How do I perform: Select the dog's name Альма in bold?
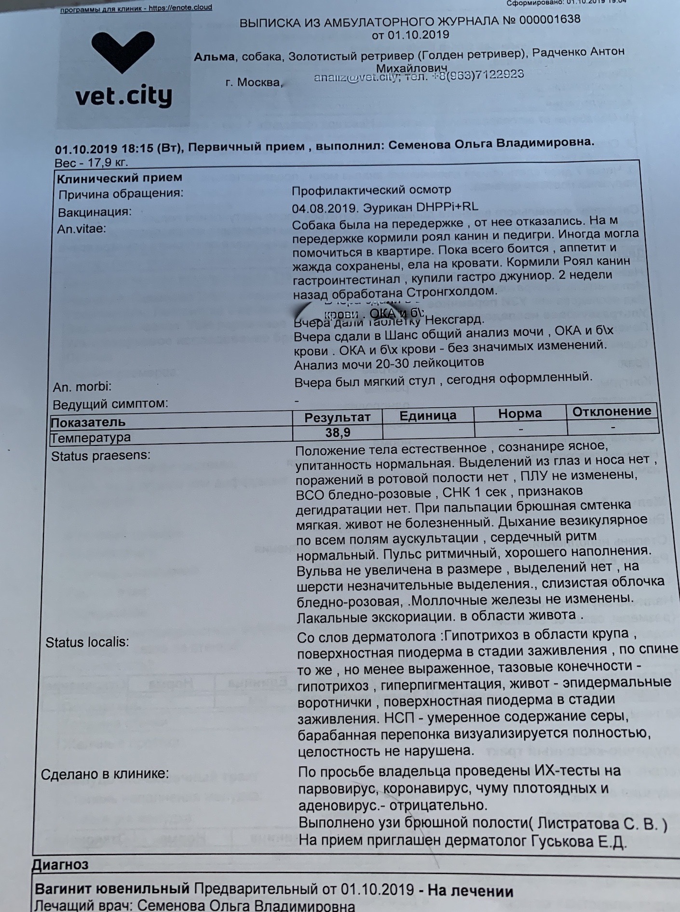click(214, 57)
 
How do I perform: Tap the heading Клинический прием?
click(120, 178)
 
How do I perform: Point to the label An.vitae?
click(82, 228)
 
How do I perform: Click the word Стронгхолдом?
click(451, 292)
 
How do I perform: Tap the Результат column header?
click(337, 417)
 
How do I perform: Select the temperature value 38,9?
click(338, 432)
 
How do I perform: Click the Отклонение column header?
click(612, 411)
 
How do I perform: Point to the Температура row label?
click(91, 438)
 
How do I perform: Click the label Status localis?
click(87, 642)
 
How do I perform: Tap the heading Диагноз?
click(60, 864)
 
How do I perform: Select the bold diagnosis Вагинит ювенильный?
click(112, 888)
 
